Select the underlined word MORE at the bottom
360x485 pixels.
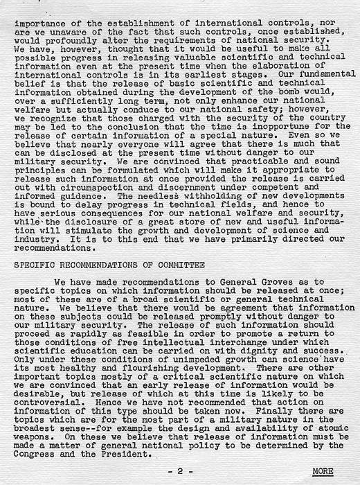click(323, 471)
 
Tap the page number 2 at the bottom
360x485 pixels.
click(179, 471)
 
